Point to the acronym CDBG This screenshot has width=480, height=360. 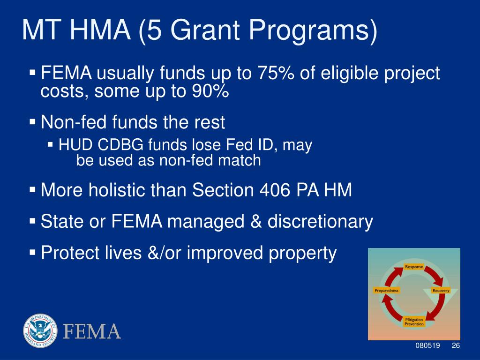120,144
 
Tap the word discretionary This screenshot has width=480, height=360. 320,221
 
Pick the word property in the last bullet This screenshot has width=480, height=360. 303,253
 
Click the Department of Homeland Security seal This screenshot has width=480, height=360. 40,330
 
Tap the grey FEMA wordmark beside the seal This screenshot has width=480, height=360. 92,331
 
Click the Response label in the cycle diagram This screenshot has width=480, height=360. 414,267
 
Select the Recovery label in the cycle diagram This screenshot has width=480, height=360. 441,291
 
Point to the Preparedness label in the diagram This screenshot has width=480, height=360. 387,291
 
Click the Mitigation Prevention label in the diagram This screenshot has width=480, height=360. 414,322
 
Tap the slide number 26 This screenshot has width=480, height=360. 456,345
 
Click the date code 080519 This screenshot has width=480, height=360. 427,345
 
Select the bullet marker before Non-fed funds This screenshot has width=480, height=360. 32,122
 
